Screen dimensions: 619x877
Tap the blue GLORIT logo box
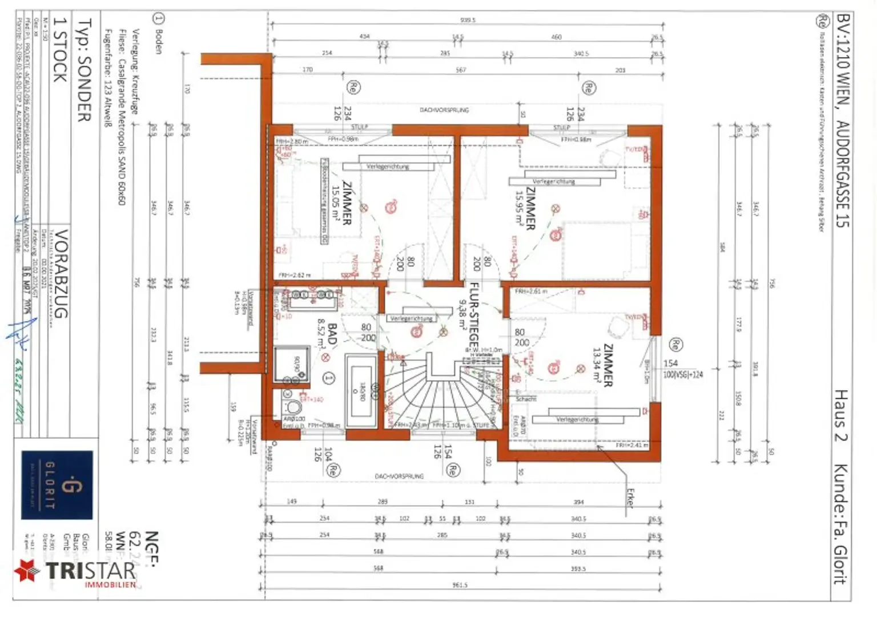pyautogui.click(x=57, y=485)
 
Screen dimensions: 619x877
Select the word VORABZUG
pyautogui.click(x=61, y=274)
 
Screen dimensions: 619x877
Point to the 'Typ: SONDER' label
pyautogui.click(x=85, y=71)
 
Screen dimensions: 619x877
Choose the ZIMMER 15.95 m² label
pyautogui.click(x=524, y=209)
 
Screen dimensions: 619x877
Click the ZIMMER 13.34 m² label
pyautogui.click(x=602, y=366)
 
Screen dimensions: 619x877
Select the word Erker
pyautogui.click(x=630, y=497)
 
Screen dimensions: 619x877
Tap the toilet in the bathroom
pyautogui.click(x=292, y=407)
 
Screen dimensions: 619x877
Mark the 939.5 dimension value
pyautogui.click(x=468, y=20)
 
